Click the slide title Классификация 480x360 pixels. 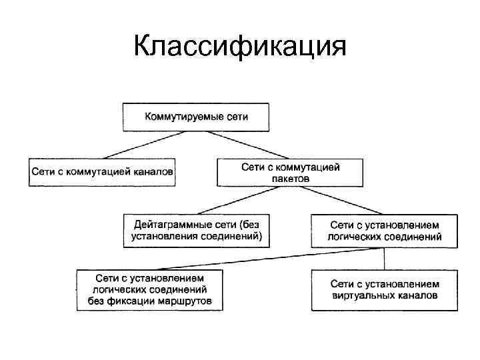240,47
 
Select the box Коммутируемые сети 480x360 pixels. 196,117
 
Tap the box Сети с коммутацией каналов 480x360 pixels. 102,172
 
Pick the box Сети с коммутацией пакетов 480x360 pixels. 290,172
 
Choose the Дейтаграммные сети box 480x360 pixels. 197,230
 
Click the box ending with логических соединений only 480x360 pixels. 385,230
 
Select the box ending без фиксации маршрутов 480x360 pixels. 150,290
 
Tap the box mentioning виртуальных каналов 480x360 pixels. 385,290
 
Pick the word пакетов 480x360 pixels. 290,178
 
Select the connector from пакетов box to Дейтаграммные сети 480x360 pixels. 243,199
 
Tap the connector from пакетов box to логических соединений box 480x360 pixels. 337,199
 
